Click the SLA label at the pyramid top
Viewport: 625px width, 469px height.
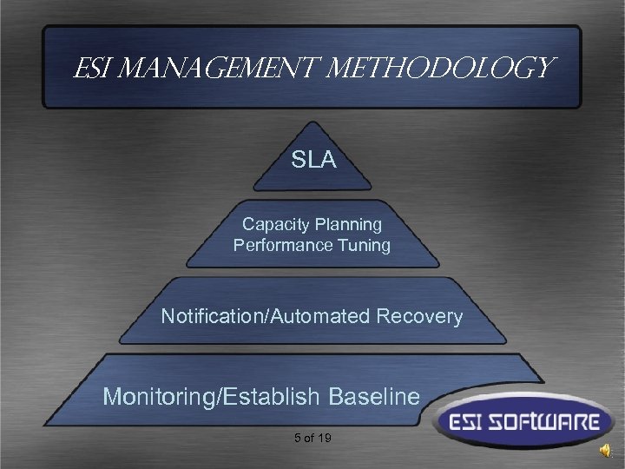click(313, 161)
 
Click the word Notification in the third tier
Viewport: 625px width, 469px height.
click(213, 316)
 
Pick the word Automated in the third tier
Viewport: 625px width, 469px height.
click(321, 316)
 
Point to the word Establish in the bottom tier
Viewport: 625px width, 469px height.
click(273, 397)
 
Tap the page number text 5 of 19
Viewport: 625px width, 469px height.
click(312, 438)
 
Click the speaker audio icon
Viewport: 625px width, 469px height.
click(604, 451)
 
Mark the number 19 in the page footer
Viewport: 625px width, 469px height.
click(323, 438)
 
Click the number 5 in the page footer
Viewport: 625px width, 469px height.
click(297, 438)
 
